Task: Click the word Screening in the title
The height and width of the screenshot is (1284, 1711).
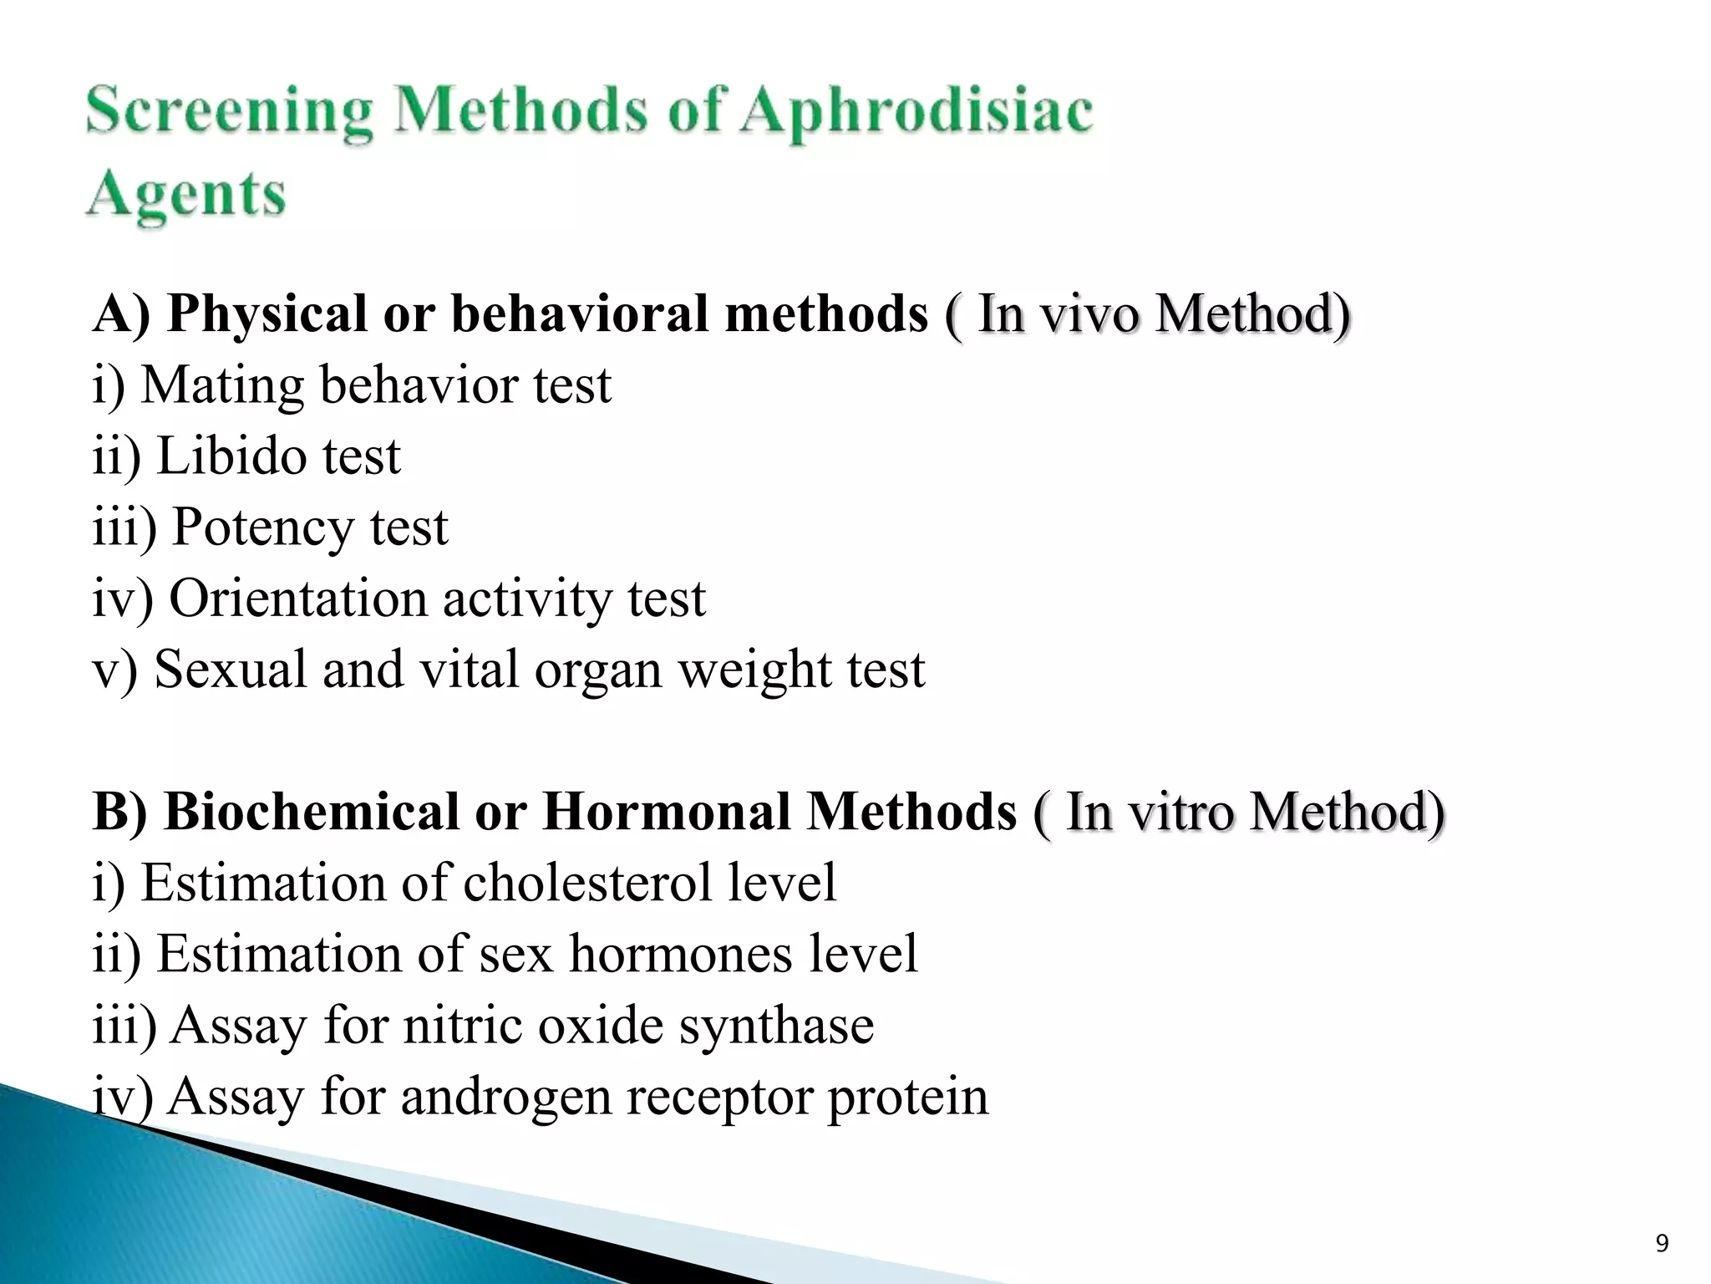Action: (229, 113)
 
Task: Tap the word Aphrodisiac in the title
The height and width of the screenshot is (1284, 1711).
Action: (916, 113)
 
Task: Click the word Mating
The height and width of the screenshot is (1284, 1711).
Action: (222, 386)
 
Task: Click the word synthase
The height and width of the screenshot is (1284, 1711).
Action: (776, 1026)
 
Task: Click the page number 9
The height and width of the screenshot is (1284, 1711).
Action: (1662, 1244)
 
